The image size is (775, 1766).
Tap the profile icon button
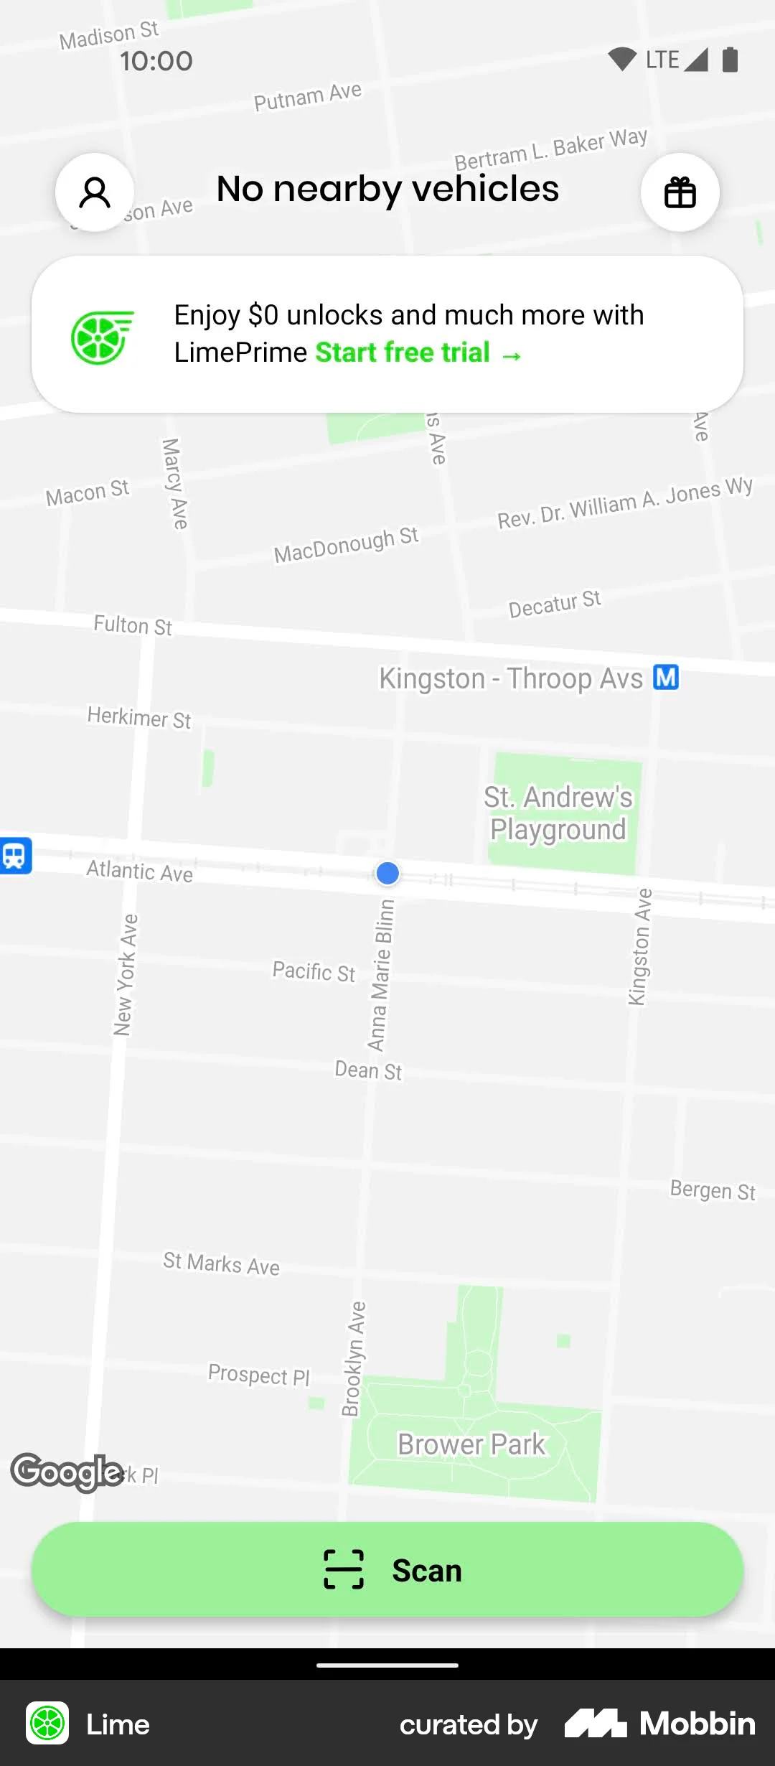(x=95, y=192)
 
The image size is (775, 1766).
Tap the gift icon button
(x=680, y=192)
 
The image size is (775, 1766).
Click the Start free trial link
(x=418, y=353)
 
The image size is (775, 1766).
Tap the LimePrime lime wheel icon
(x=101, y=337)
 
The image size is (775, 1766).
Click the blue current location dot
(x=387, y=873)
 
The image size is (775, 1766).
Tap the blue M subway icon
(x=666, y=677)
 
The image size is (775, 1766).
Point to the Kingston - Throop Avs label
(x=511, y=678)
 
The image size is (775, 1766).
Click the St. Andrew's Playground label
(x=558, y=813)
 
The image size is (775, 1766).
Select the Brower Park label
(x=471, y=1444)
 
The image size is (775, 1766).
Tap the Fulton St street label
(x=133, y=625)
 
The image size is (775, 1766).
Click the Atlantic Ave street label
(x=139, y=871)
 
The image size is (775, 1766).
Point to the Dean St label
(x=368, y=1070)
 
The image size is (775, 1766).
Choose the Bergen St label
(x=713, y=1190)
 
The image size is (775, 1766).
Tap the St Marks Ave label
(x=221, y=1263)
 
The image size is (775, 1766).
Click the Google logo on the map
(x=67, y=1472)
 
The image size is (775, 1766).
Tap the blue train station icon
(x=15, y=856)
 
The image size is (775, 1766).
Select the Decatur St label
(x=555, y=604)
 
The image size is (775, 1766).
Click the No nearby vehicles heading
(x=387, y=190)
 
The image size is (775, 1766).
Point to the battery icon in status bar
(x=730, y=60)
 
